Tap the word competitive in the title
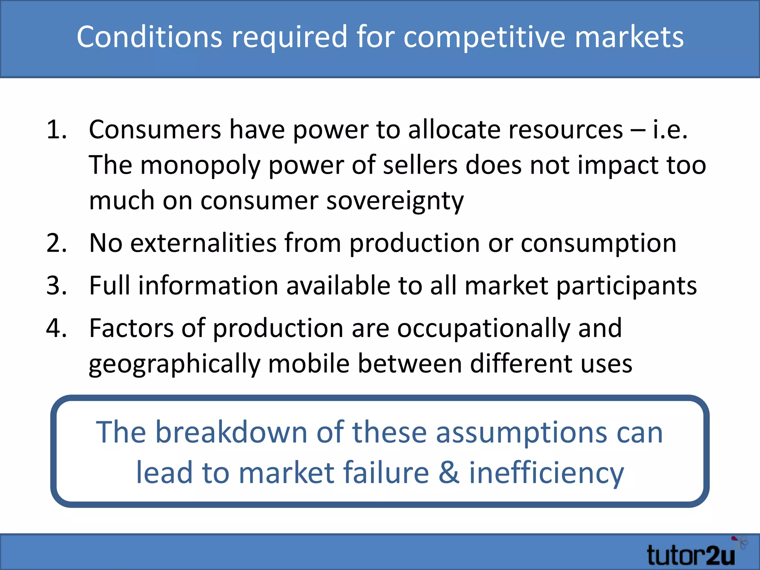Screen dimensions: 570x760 tap(484, 37)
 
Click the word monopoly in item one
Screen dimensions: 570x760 tap(200, 166)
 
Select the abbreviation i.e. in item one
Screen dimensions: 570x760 tap(670, 130)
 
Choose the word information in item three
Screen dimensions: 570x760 tap(208, 286)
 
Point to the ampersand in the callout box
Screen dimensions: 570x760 tap(449, 473)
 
